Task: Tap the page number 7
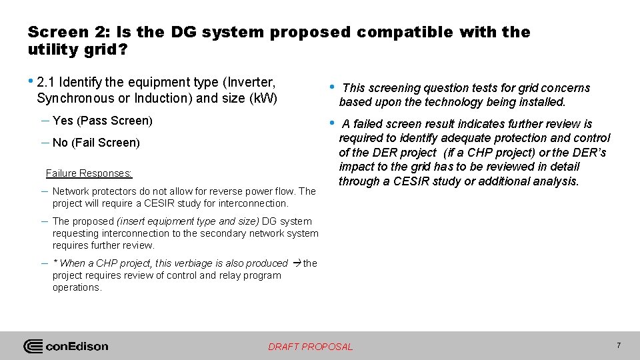[x=619, y=345]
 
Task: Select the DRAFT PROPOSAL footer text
[x=310, y=347]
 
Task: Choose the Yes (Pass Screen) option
[x=103, y=121]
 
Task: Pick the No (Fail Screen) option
[x=96, y=143]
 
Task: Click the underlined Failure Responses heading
[x=89, y=173]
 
